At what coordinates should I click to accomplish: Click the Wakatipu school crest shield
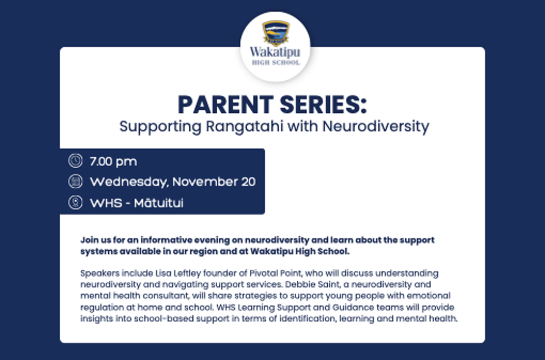[276, 33]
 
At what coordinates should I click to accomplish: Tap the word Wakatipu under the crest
[275, 52]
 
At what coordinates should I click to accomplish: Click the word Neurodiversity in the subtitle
[376, 126]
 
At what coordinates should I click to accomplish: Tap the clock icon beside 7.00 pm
[75, 161]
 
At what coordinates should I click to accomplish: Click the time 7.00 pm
[113, 162]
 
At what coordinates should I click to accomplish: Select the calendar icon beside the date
[75, 181]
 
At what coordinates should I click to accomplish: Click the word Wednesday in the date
[129, 182]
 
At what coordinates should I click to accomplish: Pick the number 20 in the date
[249, 181]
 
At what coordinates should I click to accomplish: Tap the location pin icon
[75, 202]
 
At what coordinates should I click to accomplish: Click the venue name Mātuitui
[159, 203]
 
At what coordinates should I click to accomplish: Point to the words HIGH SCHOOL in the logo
[276, 63]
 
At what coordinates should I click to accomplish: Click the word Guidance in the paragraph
[353, 308]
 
